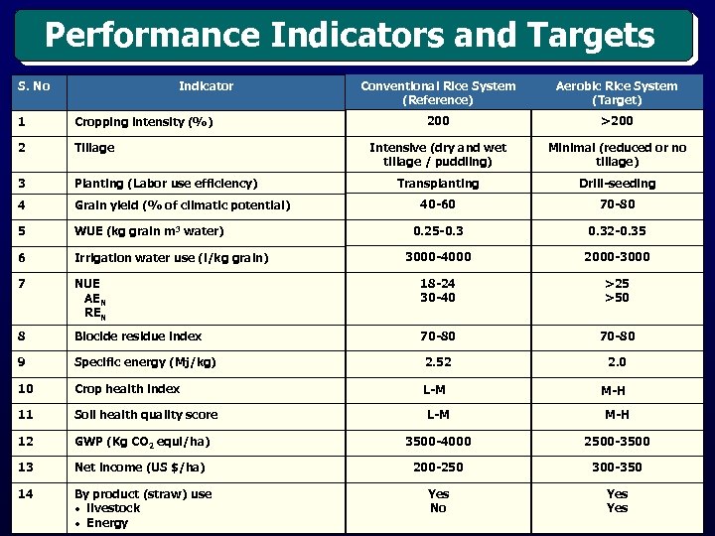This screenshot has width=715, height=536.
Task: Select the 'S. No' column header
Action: coord(34,86)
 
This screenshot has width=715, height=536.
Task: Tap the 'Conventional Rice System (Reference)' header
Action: coord(438,93)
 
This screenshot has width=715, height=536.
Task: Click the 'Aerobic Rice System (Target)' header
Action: coord(617,93)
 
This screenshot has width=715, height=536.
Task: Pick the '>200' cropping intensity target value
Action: coord(617,121)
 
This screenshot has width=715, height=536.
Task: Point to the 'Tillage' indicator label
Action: coord(94,148)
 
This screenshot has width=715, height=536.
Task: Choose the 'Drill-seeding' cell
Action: coord(617,184)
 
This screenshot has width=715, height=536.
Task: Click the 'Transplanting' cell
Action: coord(438,184)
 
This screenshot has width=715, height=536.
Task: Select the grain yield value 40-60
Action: coord(438,205)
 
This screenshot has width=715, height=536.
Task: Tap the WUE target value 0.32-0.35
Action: coord(617,231)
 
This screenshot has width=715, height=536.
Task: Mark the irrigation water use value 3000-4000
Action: coord(438,257)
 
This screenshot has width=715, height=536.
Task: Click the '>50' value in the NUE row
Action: coord(617,297)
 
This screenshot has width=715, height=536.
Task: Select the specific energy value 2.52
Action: coord(438,362)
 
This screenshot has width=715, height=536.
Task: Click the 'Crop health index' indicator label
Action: coord(127,389)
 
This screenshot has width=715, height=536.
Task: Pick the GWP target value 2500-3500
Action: coord(617,441)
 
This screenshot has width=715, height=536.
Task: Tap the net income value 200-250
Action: coord(438,467)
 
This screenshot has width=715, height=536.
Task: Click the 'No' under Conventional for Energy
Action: coord(438,508)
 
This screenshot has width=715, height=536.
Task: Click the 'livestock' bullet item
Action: coord(112,508)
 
